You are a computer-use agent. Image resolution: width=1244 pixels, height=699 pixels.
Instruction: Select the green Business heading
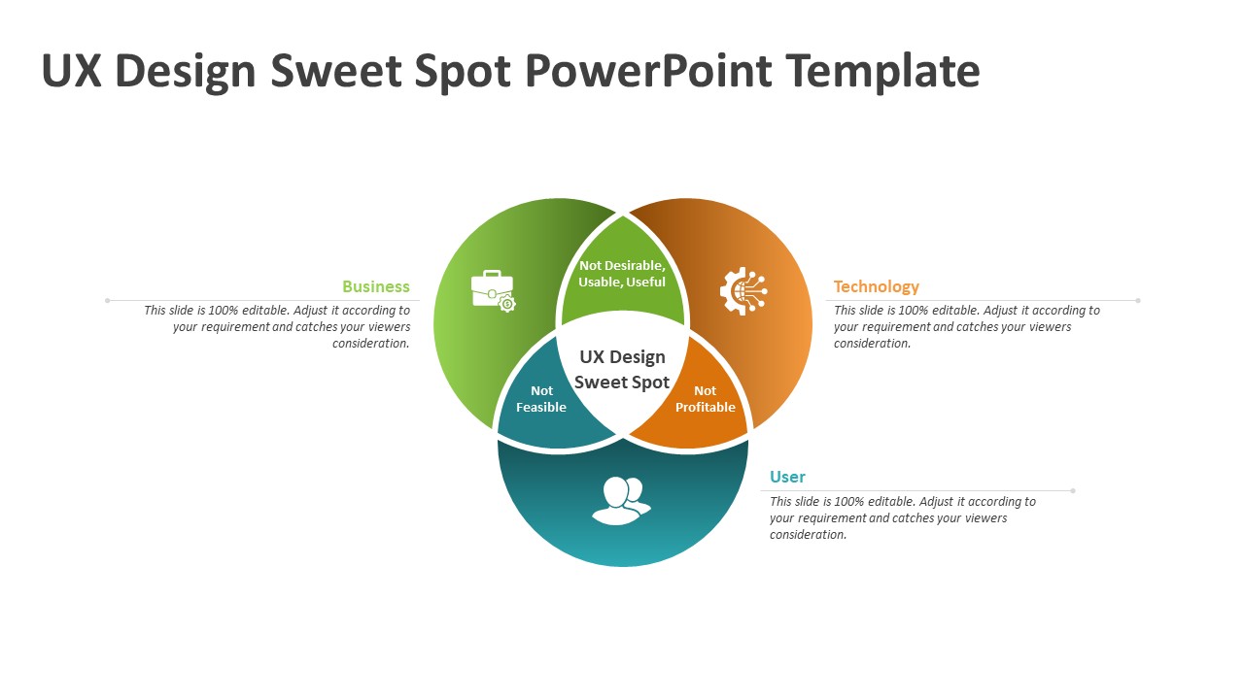click(376, 286)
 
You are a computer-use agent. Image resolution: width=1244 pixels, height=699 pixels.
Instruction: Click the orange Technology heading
click(877, 286)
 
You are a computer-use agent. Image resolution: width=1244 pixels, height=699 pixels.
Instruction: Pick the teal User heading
click(787, 477)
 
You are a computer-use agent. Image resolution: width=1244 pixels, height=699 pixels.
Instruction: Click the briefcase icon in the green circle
click(493, 290)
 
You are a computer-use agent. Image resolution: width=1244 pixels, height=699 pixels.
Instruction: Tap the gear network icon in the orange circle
click(743, 290)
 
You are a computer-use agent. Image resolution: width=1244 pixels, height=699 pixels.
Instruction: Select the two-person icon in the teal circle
click(621, 500)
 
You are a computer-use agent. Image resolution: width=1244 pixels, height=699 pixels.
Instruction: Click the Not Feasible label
click(541, 399)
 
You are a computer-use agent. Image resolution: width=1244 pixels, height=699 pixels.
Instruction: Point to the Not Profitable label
click(706, 399)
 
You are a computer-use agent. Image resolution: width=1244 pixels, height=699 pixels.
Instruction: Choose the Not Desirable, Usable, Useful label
click(622, 274)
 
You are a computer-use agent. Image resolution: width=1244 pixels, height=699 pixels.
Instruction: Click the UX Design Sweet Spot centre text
click(622, 370)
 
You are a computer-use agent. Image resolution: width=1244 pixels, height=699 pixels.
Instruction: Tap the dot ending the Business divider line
click(107, 301)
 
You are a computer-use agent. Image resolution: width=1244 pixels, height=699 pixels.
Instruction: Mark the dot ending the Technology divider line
click(1138, 301)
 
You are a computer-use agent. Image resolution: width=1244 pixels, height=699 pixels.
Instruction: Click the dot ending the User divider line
click(1073, 491)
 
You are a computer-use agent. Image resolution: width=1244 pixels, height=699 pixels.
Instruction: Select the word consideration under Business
click(371, 344)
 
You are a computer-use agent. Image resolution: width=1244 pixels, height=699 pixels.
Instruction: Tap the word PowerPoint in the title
click(648, 71)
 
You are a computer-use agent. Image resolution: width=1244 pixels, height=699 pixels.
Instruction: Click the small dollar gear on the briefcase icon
click(507, 304)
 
